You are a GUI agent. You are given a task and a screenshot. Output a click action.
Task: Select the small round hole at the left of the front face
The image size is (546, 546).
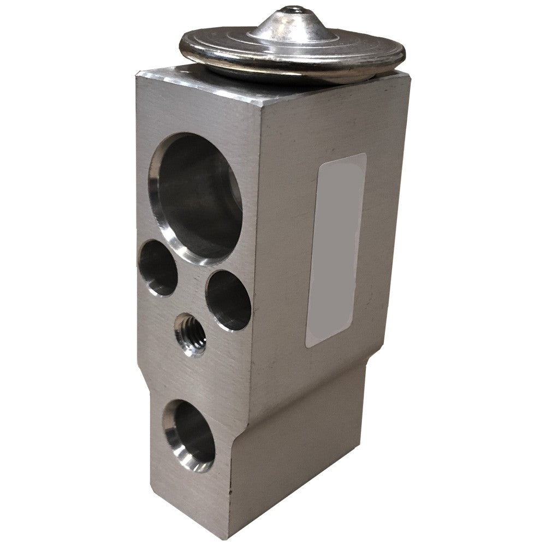(158, 268)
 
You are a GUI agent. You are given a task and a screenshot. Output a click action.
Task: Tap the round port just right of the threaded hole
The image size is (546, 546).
(228, 301)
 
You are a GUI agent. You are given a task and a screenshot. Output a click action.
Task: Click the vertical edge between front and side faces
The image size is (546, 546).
(257, 273)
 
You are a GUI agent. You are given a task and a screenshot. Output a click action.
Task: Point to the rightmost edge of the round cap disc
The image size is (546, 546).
(405, 54)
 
